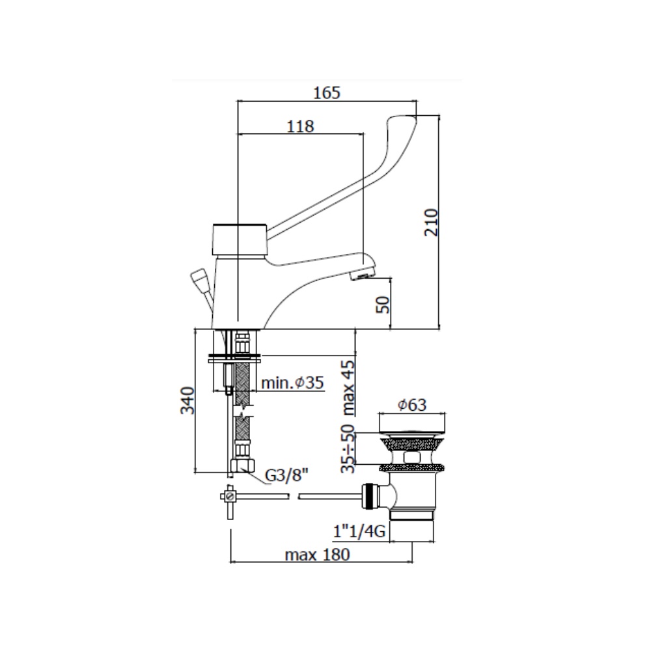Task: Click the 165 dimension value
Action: coord(326,92)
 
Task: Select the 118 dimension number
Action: coord(300,126)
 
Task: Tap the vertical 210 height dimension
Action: coord(431,223)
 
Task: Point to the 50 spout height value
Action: coord(383,304)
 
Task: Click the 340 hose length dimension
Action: coord(187,400)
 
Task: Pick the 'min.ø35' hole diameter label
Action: coord(292,382)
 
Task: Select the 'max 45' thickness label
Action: coord(348,388)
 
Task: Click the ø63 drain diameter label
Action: coord(412,404)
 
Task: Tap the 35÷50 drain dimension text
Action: coord(348,449)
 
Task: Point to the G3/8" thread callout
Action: coord(286,475)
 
